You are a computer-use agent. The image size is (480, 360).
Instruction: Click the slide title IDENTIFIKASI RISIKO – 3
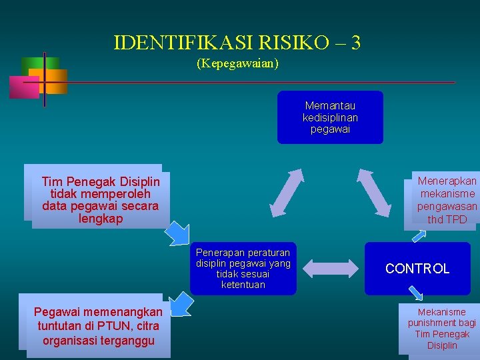tap(237, 43)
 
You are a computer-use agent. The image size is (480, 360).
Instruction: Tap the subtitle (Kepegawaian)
tap(237, 64)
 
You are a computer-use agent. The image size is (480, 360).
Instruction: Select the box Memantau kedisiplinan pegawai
tap(330, 117)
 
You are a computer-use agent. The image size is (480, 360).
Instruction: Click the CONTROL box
tap(417, 269)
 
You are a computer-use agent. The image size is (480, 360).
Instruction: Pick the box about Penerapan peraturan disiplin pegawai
tap(243, 268)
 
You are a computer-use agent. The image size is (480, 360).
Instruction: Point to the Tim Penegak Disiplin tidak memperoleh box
tap(100, 199)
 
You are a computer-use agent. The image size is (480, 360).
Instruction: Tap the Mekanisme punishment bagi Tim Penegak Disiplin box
tap(442, 328)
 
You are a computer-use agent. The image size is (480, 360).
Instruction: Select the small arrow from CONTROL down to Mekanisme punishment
tap(416, 293)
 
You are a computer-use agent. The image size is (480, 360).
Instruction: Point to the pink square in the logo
tap(24, 87)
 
